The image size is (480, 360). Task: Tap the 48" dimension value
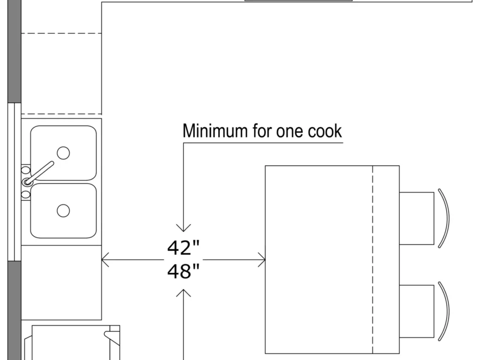[184, 271]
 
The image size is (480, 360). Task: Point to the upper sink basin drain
[63, 153]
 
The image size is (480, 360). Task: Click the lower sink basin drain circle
[63, 210]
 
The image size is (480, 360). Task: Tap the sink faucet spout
[41, 172]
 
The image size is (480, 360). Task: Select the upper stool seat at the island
[417, 218]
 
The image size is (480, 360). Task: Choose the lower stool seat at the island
[417, 311]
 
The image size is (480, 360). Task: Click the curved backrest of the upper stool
[445, 218]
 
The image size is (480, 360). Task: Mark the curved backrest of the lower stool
[445, 311]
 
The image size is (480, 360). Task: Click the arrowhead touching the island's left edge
[261, 260]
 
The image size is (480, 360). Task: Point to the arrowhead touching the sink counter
[106, 260]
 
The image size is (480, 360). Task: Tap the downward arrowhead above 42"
[184, 227]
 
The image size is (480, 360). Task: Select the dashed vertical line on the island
[373, 259]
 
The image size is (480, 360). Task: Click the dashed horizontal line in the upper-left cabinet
[61, 34]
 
